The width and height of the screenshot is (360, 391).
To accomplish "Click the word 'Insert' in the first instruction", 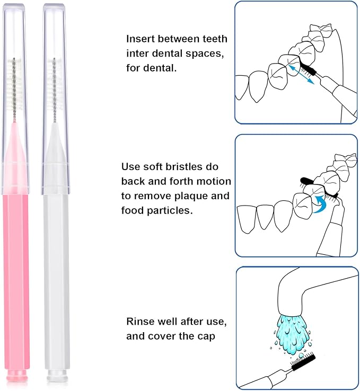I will click(139, 39).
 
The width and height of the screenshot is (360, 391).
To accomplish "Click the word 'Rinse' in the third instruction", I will click(139, 321).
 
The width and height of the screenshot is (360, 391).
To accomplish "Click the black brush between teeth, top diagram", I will click(307, 68).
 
